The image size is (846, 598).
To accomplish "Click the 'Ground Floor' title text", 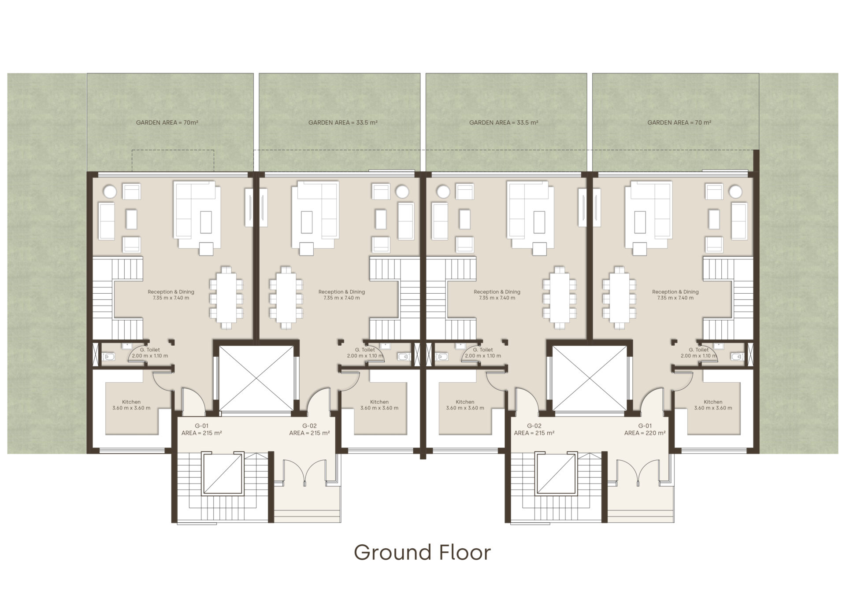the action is click(x=422, y=553).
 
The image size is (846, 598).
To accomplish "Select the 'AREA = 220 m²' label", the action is click(x=645, y=433).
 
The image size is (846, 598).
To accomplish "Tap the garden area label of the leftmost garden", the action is click(x=167, y=122).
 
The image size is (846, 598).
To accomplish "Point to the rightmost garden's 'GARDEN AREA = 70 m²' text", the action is click(x=679, y=122).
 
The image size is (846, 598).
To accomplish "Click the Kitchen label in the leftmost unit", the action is click(x=131, y=402).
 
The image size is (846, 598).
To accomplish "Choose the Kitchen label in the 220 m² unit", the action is click(x=713, y=402).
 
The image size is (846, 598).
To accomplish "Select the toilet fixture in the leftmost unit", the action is click(x=108, y=356).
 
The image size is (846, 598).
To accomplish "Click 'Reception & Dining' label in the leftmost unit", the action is click(x=171, y=292).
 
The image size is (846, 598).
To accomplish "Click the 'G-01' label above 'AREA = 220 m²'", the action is click(x=645, y=426).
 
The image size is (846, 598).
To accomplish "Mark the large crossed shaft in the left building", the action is click(x=256, y=378).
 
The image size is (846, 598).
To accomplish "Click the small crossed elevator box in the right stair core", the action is click(x=557, y=474).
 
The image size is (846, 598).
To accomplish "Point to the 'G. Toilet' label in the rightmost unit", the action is click(x=699, y=350).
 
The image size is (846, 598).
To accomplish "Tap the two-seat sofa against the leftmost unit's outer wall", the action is click(x=107, y=221).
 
